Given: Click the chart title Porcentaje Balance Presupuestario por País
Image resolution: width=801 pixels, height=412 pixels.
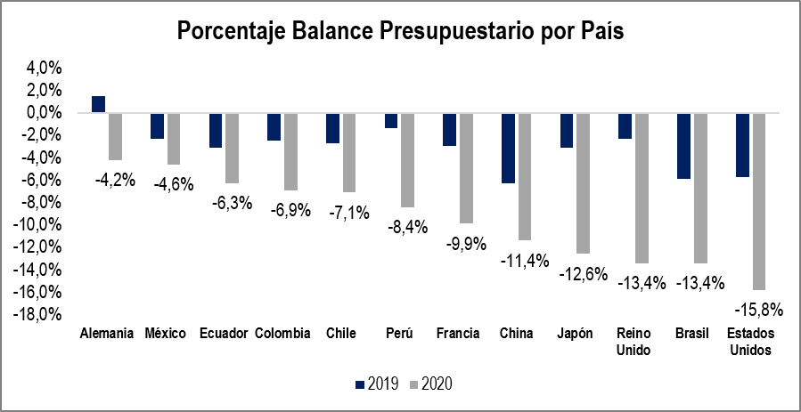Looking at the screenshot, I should point(400,31).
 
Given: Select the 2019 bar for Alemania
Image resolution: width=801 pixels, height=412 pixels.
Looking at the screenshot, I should point(98,104).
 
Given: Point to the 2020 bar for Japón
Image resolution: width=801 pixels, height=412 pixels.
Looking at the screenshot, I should point(583,182).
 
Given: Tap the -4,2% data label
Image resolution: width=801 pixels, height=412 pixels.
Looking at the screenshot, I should point(114,179).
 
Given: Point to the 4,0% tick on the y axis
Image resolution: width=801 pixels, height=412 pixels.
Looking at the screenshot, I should point(42,69).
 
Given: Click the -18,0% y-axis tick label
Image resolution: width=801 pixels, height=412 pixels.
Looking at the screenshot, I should point(37,314).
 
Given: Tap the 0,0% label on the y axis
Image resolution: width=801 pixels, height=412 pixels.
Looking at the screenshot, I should point(42,113).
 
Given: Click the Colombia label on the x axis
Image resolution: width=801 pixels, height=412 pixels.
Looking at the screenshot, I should point(282,334).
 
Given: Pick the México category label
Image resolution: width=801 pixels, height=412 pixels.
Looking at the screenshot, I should point(165,334).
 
